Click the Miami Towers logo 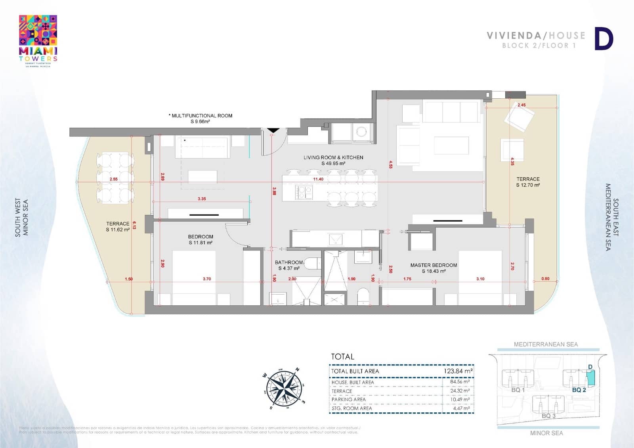38,41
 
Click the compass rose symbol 284,388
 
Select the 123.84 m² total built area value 458,371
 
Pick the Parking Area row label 348,399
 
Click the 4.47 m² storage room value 461,408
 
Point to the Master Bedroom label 433,265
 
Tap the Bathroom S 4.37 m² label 289,265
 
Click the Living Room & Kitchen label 333,160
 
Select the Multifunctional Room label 201,118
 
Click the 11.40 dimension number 318,179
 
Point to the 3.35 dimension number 202,199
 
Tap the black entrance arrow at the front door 273,130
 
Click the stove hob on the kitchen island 304,192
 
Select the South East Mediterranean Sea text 611,217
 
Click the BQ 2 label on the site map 579,390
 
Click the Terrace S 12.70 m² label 528,182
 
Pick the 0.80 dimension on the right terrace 545,279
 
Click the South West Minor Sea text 22,218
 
